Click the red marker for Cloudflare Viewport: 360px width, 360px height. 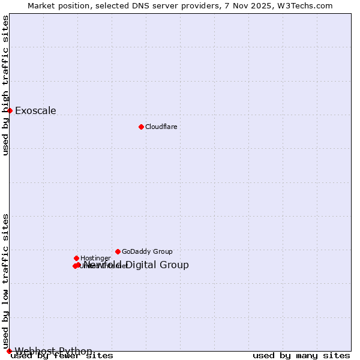pyautogui.click(x=141, y=127)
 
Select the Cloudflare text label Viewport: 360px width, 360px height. pyautogui.click(x=161, y=127)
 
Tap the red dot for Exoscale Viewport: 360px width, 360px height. pyautogui.click(x=10, y=110)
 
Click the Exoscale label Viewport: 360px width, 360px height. pyautogui.click(x=35, y=110)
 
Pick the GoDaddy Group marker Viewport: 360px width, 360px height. pyautogui.click(x=118, y=251)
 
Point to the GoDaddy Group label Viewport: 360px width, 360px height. pyautogui.click(x=147, y=251)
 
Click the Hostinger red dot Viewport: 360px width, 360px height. pyautogui.click(x=76, y=258)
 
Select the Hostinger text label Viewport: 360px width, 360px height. pyautogui.click(x=95, y=258)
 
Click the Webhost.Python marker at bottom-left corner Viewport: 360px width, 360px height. pyautogui.click(x=9, y=351)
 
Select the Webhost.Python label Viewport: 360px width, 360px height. pyautogui.click(x=53, y=351)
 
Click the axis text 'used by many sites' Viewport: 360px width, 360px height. pyautogui.click(x=301, y=356)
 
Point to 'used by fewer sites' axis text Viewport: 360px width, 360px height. pyautogui.click(x=62, y=356)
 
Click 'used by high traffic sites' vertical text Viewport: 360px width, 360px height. pyautogui.click(x=5, y=85)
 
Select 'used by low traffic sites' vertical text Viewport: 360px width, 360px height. pyautogui.click(x=5, y=281)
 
